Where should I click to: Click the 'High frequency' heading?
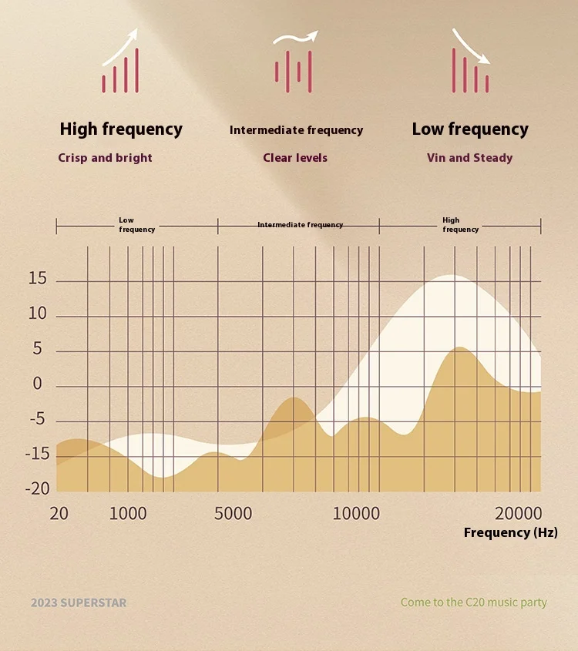pyautogui.click(x=121, y=129)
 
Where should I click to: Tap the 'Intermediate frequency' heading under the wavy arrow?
pyautogui.click(x=296, y=130)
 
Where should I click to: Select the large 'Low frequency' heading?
pyautogui.click(x=470, y=129)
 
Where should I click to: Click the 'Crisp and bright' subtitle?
pyautogui.click(x=105, y=158)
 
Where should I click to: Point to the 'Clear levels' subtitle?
pyautogui.click(x=295, y=158)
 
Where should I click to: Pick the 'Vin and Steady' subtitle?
pyautogui.click(x=469, y=158)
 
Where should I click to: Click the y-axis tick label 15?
pyautogui.click(x=37, y=279)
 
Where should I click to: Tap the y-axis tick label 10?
pyautogui.click(x=37, y=314)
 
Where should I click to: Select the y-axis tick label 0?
pyautogui.click(x=37, y=384)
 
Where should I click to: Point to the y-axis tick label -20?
pyautogui.click(x=37, y=488)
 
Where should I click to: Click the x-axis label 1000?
pyautogui.click(x=128, y=514)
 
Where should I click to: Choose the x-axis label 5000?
pyautogui.click(x=233, y=514)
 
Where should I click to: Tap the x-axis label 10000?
pyautogui.click(x=356, y=514)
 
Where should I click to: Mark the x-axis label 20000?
pyautogui.click(x=519, y=514)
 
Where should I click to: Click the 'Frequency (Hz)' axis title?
pyautogui.click(x=510, y=532)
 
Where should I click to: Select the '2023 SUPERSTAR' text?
pyautogui.click(x=79, y=602)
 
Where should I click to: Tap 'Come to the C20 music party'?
pyautogui.click(x=473, y=602)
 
